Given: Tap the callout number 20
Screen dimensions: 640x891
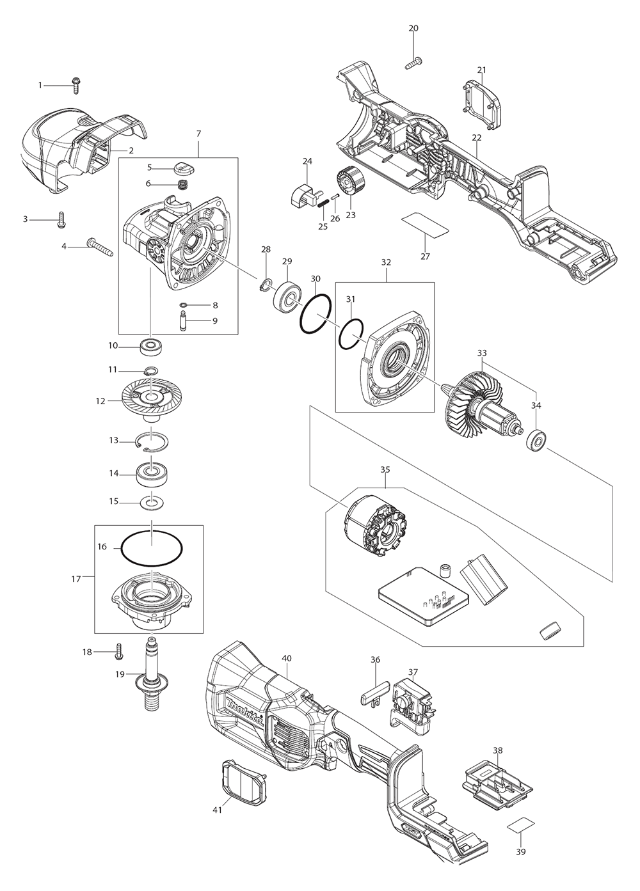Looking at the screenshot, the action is coord(413,28).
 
